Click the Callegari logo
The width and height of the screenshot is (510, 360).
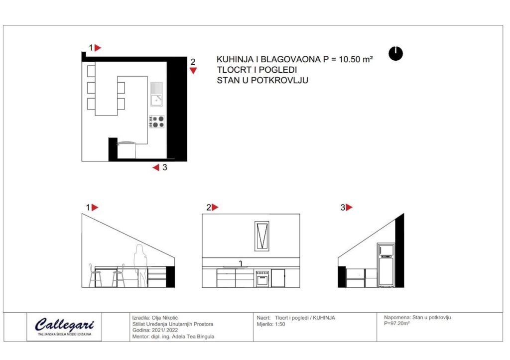pyautogui.click(x=64, y=326)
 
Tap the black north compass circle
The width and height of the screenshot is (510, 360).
pyautogui.click(x=395, y=54)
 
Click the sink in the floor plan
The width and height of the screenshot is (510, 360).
pyautogui.click(x=156, y=94)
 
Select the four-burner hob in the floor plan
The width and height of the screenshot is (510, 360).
pyautogui.click(x=157, y=121)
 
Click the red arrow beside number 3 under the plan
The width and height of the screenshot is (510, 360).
pyautogui.click(x=156, y=167)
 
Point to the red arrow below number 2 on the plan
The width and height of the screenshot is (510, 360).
pyautogui.click(x=193, y=71)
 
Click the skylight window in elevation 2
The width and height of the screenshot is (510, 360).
pyautogui.click(x=262, y=236)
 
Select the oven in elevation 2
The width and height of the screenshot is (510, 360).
pyautogui.click(x=262, y=278)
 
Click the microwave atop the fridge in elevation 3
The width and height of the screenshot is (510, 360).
pyautogui.click(x=386, y=249)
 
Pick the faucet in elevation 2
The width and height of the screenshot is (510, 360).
pyautogui.click(x=241, y=264)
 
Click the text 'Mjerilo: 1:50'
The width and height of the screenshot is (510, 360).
pyautogui.click(x=270, y=324)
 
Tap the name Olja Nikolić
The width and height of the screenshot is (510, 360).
pyautogui.click(x=165, y=318)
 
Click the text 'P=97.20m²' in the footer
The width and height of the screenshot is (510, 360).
pyautogui.click(x=397, y=324)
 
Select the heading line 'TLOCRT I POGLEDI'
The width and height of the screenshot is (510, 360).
pyautogui.click(x=257, y=70)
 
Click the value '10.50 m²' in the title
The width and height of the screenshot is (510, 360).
pyautogui.click(x=356, y=59)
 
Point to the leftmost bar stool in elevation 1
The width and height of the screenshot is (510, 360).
pyautogui.click(x=95, y=275)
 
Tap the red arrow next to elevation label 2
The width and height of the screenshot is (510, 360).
pyautogui.click(x=215, y=207)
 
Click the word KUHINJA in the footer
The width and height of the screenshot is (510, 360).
pyautogui.click(x=324, y=318)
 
